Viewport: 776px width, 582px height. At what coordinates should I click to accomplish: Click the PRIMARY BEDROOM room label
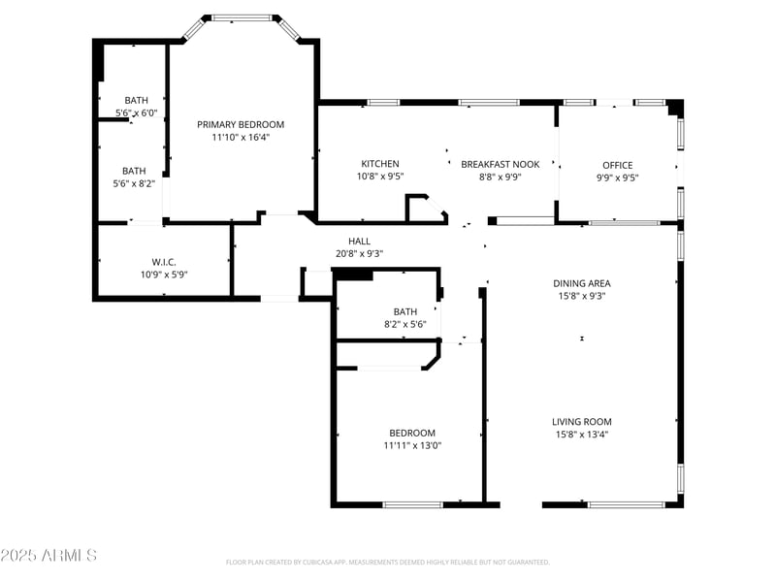click(241, 124)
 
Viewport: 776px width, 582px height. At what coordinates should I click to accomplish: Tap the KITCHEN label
click(379, 164)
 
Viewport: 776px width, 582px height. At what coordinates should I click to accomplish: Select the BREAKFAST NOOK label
click(500, 164)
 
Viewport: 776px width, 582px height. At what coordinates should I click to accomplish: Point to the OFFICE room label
click(617, 165)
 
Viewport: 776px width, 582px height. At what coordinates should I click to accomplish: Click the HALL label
click(359, 242)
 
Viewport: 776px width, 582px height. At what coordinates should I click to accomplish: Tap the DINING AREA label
click(582, 283)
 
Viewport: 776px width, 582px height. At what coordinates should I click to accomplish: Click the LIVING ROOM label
click(582, 421)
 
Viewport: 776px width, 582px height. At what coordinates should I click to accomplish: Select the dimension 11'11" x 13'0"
click(412, 446)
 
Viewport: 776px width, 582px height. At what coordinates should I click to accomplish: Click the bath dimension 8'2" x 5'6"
click(404, 324)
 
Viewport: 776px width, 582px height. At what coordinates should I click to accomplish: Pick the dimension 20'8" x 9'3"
click(359, 254)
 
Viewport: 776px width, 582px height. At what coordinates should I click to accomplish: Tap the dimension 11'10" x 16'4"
click(241, 138)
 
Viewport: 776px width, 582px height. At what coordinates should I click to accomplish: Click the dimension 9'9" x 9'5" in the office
click(617, 178)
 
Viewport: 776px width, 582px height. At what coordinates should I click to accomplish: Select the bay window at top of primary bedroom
click(242, 17)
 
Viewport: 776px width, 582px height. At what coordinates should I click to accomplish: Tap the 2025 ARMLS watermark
click(48, 556)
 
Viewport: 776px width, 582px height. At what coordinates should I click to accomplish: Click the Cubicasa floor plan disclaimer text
click(388, 562)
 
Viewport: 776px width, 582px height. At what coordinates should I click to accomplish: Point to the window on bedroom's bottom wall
click(413, 504)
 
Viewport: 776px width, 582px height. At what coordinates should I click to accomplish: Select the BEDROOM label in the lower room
click(412, 433)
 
